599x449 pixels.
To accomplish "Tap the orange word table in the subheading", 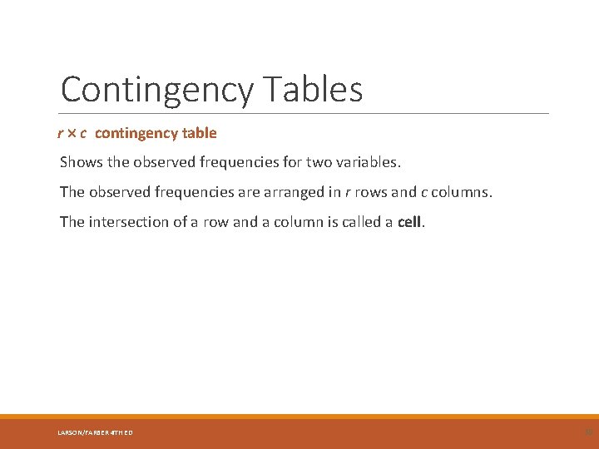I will pyautogui.click(x=201, y=133).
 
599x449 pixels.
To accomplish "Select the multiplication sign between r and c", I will pyautogui.click(x=71, y=133).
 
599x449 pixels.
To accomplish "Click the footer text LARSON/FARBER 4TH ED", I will pyautogui.click(x=94, y=432).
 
